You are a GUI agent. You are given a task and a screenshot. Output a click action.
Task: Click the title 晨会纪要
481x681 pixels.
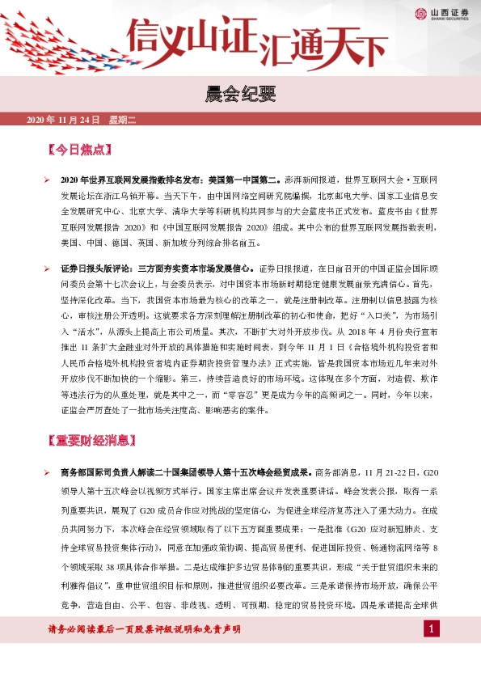pos(240,95)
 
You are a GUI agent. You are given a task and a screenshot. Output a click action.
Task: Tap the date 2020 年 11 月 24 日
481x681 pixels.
pos(63,121)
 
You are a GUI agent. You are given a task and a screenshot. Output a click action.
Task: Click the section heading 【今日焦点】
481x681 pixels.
pos(78,150)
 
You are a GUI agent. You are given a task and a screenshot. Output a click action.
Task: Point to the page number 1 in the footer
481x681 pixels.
pos(432,628)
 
